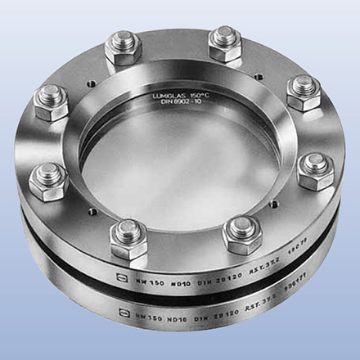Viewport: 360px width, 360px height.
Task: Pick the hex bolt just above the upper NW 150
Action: (x=129, y=235)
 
